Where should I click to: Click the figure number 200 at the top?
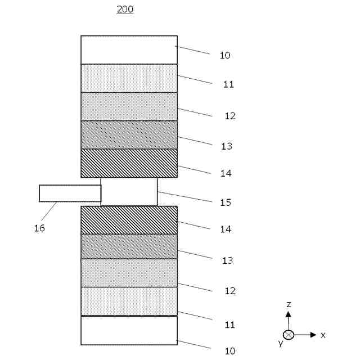click(125, 9)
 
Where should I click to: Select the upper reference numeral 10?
click(225, 55)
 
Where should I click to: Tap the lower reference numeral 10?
click(230, 351)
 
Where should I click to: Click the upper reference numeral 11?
click(228, 84)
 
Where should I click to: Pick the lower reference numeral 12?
click(230, 291)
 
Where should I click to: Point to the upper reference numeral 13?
click(227, 146)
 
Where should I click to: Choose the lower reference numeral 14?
click(226, 229)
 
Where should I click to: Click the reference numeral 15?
click(226, 202)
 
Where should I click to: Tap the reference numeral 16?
click(39, 228)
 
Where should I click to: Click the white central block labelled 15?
click(129, 191)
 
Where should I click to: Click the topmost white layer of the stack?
click(129, 49)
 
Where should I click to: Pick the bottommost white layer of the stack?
click(129, 330)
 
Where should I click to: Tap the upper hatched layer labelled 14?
click(129, 163)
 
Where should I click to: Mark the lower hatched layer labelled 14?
click(129, 220)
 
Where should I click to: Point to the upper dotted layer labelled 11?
click(129, 78)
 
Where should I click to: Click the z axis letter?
click(289, 304)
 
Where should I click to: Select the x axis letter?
click(323, 335)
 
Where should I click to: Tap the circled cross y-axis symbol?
click(289, 335)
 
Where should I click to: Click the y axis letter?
click(280, 343)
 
